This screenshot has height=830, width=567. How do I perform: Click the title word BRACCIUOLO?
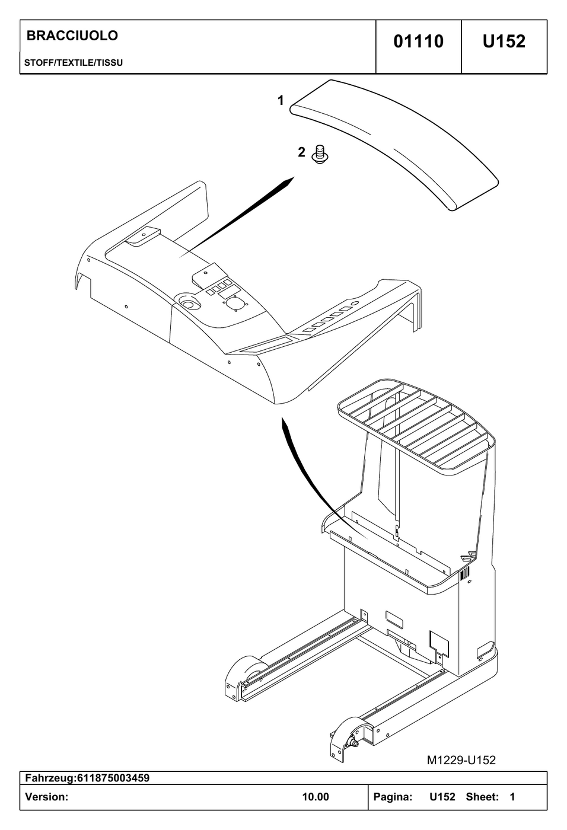click(x=72, y=36)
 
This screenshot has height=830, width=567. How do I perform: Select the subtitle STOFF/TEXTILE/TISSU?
click(x=74, y=63)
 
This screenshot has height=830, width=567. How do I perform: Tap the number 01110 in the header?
click(x=418, y=41)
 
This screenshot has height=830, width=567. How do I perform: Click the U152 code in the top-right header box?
click(x=504, y=41)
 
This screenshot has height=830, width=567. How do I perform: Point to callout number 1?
click(x=281, y=100)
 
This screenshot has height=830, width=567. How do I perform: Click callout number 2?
click(x=302, y=152)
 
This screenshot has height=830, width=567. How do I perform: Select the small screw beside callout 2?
click(x=319, y=155)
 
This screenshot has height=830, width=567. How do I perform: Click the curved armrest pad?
click(x=394, y=145)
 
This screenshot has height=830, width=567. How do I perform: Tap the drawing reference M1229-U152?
click(x=461, y=760)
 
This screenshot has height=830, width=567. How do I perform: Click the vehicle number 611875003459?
click(x=113, y=778)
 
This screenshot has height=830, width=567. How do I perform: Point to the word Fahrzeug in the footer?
click(x=49, y=778)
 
